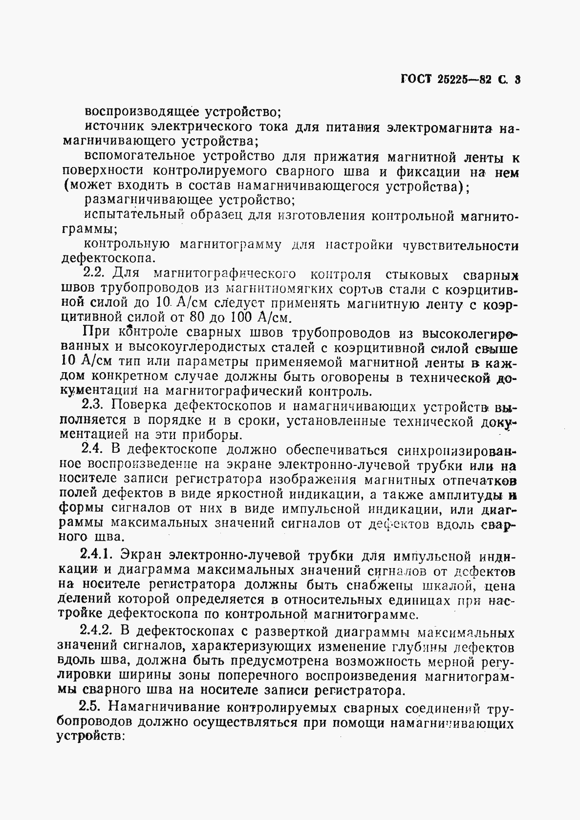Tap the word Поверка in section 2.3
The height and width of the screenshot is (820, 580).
(140, 405)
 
